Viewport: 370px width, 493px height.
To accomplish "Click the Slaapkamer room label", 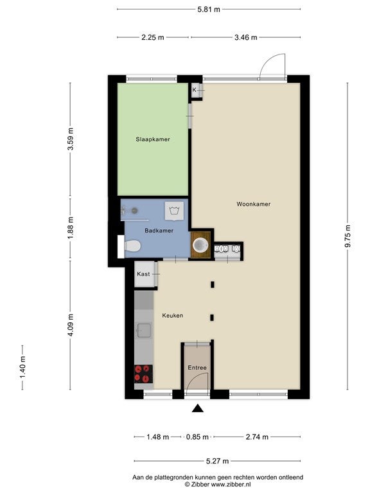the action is point(153,139).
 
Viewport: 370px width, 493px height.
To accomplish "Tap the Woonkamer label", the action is point(254,204).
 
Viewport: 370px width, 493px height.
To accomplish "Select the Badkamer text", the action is point(159,231).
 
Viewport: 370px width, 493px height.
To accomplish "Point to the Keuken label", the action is point(173,315).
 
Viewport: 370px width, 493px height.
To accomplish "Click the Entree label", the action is point(197,368).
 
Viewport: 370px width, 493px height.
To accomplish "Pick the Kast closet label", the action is point(143,274).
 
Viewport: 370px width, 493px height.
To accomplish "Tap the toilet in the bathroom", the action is point(132,246).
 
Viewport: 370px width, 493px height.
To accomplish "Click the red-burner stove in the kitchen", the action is point(144,374).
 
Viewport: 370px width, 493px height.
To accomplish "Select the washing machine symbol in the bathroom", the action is point(173,211).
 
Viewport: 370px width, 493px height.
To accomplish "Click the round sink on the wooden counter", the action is point(200,245).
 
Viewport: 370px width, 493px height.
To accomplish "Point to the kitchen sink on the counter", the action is point(143,331).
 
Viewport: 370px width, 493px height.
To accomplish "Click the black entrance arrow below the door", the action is point(198,408).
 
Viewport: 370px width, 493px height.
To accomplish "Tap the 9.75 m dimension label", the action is point(348,236).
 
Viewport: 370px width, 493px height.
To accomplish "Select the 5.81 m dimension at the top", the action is point(209,10).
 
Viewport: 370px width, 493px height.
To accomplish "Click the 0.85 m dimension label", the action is point(197,437).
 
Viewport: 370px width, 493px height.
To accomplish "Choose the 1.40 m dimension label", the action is point(22,368).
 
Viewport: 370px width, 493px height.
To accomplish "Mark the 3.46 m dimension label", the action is point(246,38).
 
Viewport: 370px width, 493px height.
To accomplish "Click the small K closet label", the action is point(194,90).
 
